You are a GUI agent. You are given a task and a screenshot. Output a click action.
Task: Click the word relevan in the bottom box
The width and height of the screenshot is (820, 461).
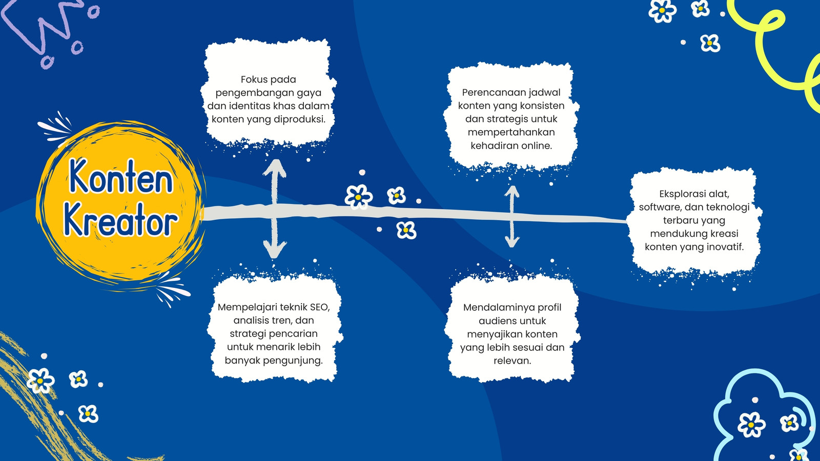pyautogui.click(x=512, y=361)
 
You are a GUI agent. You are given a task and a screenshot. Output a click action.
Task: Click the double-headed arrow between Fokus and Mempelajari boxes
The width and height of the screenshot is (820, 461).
pyautogui.click(x=275, y=209)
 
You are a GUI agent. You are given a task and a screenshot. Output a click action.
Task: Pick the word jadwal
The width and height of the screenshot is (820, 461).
pyautogui.click(x=547, y=93)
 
